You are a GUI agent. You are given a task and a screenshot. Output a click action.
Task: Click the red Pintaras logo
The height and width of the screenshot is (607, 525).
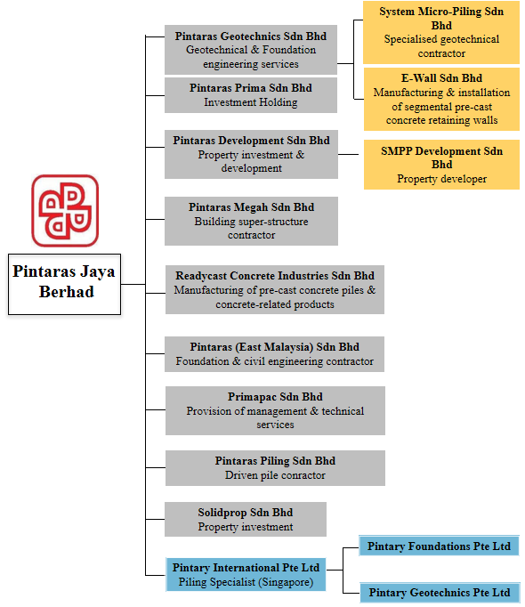coord(65,211)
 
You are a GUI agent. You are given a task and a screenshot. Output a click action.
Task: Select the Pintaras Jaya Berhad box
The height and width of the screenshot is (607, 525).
coord(64,284)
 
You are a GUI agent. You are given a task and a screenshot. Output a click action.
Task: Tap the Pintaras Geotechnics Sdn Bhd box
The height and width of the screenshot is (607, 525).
coord(251,50)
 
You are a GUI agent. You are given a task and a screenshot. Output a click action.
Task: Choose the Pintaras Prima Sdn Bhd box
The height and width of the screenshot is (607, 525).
coord(251,95)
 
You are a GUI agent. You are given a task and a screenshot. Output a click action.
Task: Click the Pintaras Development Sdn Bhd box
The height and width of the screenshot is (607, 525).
coord(251,155)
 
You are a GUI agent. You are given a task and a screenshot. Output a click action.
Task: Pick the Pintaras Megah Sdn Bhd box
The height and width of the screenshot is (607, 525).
coord(251,221)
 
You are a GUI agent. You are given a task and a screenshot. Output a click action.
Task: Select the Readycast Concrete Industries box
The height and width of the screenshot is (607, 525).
coord(275,289)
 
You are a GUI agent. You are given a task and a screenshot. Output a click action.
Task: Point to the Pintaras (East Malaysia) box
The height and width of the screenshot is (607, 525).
coord(274,354)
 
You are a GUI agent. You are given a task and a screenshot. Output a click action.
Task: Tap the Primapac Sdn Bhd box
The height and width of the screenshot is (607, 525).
coord(275,410)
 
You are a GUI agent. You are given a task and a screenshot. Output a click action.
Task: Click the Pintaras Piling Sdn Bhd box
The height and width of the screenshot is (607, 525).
coord(275,468)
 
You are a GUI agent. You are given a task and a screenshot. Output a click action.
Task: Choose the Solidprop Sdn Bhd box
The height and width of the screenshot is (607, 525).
coord(246,520)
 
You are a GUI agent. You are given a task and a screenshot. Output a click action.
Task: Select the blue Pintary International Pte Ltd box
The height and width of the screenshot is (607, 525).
coord(246,574)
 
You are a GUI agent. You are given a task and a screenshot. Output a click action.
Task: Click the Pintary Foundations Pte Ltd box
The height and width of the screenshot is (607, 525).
coord(439,546)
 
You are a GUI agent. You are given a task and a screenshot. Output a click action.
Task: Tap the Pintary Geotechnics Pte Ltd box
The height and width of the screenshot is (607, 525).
coord(440,593)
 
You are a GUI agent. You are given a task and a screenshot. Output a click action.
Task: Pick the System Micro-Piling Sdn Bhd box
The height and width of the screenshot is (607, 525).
coord(441,33)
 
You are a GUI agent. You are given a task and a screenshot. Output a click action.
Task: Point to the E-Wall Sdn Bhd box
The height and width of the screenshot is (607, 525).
coord(441,100)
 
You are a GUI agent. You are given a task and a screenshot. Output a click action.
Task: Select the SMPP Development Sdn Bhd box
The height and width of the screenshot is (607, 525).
coord(441,165)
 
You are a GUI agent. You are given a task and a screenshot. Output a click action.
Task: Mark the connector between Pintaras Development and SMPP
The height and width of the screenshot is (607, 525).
coord(349,155)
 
